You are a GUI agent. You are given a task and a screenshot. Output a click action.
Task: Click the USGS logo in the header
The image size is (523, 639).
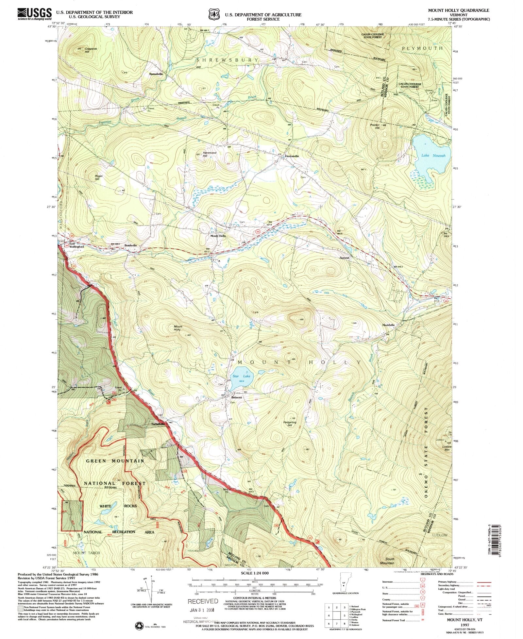pyautogui.click(x=34, y=14)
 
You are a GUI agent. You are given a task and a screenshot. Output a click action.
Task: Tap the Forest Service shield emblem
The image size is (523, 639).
pyautogui.click(x=214, y=15)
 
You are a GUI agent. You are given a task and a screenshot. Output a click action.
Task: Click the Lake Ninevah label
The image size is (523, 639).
pyautogui.click(x=433, y=156)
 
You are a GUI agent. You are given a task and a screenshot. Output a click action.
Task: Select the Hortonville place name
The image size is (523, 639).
pyautogui.click(x=292, y=156)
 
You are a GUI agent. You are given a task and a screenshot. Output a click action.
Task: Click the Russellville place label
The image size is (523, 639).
pyautogui.click(x=156, y=74)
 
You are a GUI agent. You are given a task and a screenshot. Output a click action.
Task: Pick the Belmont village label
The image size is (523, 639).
pyautogui.click(x=236, y=397)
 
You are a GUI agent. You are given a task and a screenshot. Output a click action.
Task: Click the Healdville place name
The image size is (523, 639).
pyautogui.click(x=389, y=325)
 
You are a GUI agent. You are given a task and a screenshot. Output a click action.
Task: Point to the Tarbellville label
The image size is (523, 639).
pyautogui.click(x=158, y=424)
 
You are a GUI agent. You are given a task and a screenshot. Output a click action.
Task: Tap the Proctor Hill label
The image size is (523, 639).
pyautogui.click(x=375, y=126)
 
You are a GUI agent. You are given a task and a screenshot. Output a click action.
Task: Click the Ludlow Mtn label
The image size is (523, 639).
pyautogui.click(x=447, y=448)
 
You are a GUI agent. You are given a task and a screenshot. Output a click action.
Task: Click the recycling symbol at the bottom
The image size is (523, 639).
pyautogui.click(x=139, y=626)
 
